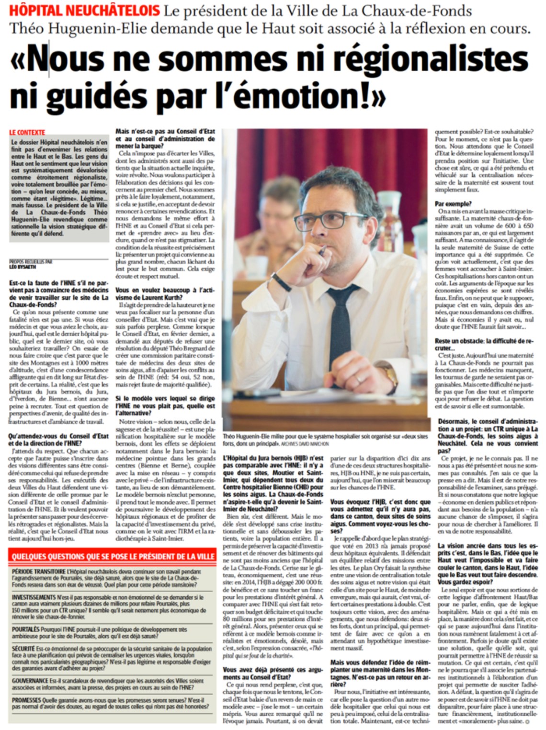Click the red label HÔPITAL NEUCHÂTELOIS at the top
coord(85,10)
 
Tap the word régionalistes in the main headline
coord(430,58)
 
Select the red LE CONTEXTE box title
coord(27,132)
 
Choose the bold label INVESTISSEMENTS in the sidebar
coord(34,597)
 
